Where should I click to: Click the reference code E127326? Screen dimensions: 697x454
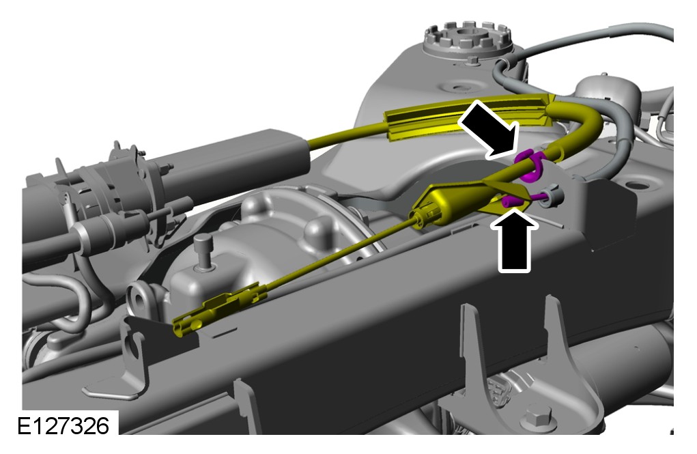63,426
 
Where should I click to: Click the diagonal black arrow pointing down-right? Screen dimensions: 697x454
489,129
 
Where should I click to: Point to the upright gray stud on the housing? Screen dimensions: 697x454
204,251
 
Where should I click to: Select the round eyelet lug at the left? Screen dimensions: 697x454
141,300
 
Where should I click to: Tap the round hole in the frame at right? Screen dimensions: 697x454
637,185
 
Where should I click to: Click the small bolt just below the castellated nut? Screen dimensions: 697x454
473,60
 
